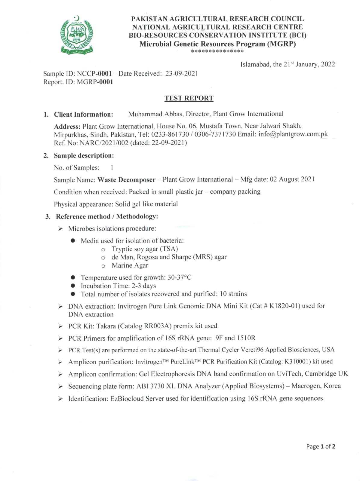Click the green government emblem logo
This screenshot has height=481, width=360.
[76, 35]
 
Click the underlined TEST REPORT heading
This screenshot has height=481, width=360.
[189, 98]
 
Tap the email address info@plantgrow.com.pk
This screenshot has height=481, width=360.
[293, 134]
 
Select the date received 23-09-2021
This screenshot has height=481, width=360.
[182, 73]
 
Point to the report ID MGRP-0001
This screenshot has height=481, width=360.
[95, 82]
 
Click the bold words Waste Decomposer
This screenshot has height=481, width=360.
[127, 180]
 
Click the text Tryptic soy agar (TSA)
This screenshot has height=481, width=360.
[145, 249]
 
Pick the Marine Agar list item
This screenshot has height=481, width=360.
[130, 265]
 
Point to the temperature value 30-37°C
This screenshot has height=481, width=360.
[179, 277]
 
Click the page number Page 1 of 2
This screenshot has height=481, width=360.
[321, 446]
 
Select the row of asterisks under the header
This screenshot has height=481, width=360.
[217, 51]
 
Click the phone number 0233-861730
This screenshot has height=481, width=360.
[170, 134]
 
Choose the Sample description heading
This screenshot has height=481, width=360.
[84, 155]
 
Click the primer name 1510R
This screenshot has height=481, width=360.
[246, 338]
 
